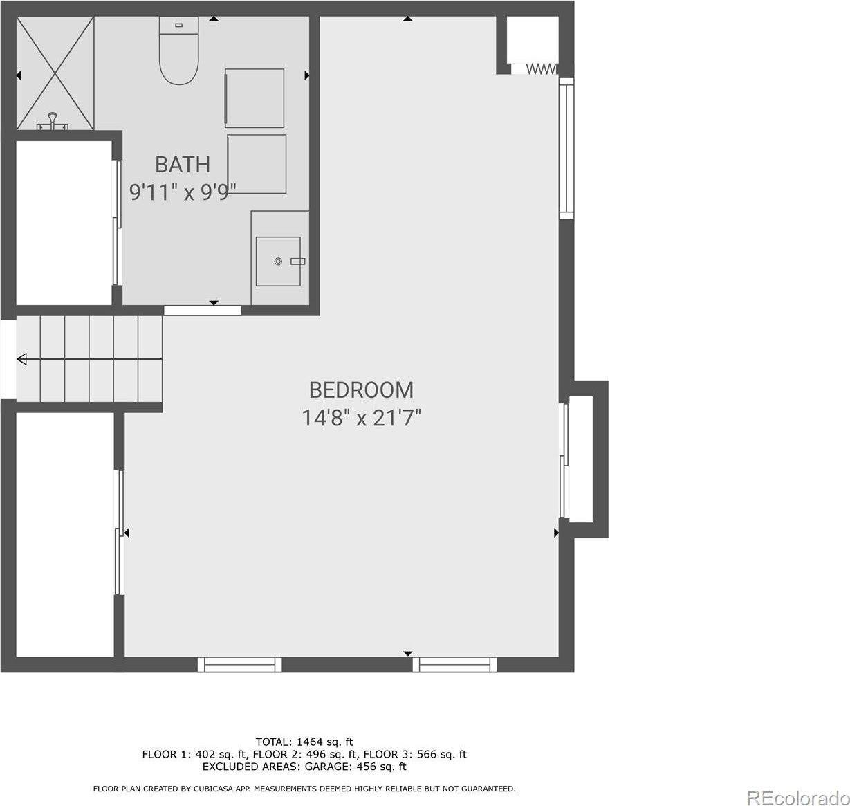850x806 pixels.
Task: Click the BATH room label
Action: pyautogui.click(x=183, y=164)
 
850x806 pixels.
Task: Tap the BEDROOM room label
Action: pyautogui.click(x=361, y=390)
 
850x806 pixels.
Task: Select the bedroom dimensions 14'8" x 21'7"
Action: pyautogui.click(x=361, y=419)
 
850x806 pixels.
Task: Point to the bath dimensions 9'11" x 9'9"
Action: pyautogui.click(x=183, y=192)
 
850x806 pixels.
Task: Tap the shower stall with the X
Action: pyautogui.click(x=55, y=73)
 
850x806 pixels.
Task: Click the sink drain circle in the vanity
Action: pyautogui.click(x=278, y=262)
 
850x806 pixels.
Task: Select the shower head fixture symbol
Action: pyautogui.click(x=53, y=121)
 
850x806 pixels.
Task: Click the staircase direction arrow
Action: pyautogui.click(x=22, y=358)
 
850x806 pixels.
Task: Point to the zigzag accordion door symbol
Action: pyautogui.click(x=542, y=68)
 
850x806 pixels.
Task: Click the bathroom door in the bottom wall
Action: pyautogui.click(x=203, y=311)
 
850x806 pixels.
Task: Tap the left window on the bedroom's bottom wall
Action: pyautogui.click(x=239, y=665)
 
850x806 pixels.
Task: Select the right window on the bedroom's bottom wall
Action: pyautogui.click(x=454, y=665)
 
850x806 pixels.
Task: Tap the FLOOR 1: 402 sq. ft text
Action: pyautogui.click(x=194, y=754)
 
